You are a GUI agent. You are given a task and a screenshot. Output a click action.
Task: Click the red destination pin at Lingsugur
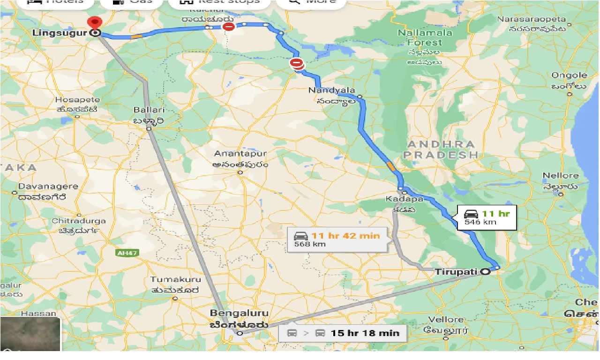95,22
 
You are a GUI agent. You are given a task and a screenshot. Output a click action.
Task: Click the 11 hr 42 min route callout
337,239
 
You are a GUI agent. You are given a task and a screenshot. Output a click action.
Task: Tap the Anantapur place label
240,154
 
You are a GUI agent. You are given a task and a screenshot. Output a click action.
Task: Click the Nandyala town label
332,90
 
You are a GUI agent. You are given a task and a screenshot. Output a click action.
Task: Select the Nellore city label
561,176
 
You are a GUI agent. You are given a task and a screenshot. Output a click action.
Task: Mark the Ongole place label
569,75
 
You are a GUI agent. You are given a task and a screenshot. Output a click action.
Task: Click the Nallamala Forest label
425,37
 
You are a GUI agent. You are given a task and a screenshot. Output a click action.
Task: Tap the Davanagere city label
48,187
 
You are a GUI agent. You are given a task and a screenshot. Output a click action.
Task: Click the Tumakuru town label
175,279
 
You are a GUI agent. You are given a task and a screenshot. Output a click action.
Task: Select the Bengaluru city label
239,313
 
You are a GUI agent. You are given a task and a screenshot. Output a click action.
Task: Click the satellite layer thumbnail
30,333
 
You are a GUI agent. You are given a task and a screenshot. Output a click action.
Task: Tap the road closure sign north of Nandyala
297,63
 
